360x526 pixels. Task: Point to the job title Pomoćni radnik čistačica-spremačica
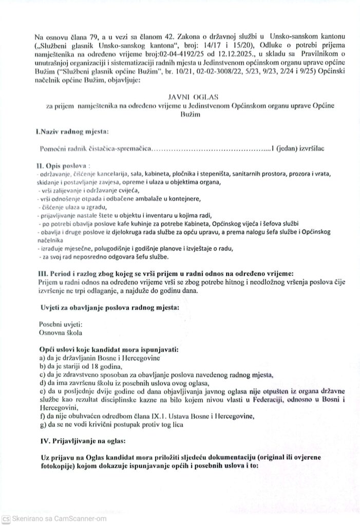(x=96, y=148)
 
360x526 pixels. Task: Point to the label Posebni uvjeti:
(x=60, y=324)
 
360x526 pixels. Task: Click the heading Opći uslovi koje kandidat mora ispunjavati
(x=108, y=349)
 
